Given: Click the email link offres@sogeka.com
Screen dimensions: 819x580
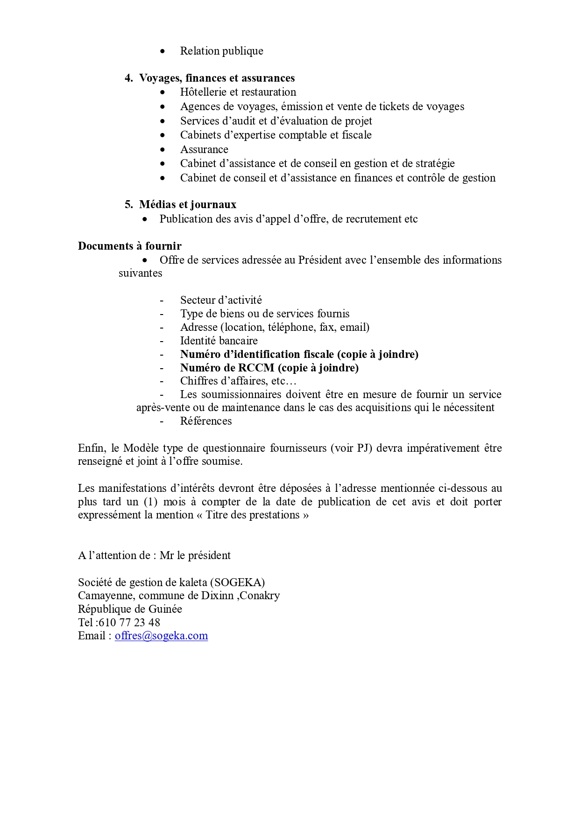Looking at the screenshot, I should [161, 636].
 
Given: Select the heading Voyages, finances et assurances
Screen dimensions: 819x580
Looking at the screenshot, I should [217, 78].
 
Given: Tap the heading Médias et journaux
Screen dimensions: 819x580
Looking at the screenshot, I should [188, 204].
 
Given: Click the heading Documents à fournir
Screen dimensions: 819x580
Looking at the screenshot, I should [129, 246].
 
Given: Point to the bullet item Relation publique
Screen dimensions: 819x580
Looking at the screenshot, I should [221, 51].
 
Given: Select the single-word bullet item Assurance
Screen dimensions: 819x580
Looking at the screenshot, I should [204, 149].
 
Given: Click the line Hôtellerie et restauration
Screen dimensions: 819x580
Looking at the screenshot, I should [238, 92].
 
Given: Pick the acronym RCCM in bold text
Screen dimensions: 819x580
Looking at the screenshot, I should [256, 368].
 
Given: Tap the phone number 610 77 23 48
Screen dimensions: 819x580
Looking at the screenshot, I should [129, 623].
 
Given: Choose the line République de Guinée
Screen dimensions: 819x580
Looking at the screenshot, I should [130, 609].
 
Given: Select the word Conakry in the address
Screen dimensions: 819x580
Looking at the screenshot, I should [260, 595].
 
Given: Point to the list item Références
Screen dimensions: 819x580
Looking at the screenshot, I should [206, 421].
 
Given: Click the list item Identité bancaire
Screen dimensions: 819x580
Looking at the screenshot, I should [219, 341].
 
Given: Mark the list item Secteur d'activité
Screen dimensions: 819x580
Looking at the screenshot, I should [221, 300].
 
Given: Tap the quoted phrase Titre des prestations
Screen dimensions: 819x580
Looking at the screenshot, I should [253, 515].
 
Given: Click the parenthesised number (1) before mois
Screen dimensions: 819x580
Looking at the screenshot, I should [151, 502].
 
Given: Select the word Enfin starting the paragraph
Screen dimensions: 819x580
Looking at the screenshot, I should [91, 448].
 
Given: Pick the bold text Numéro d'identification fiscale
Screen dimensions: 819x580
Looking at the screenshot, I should [257, 354].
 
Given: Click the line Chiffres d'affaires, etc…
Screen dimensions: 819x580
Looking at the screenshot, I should [239, 381].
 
